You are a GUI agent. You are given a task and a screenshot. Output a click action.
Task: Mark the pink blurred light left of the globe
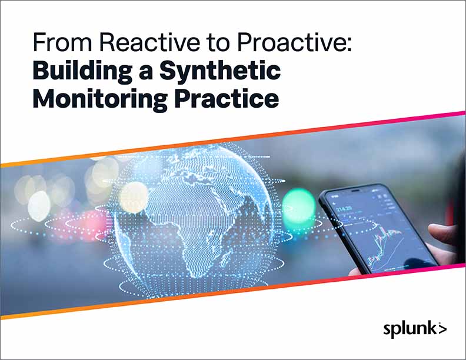[94, 226]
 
